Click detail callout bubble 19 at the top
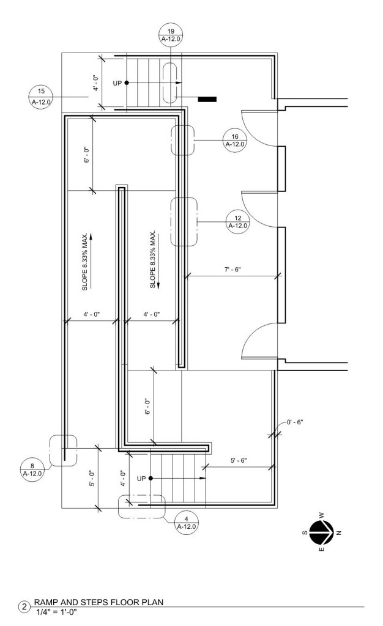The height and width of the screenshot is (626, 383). (171, 35)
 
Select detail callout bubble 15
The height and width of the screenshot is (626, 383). (41, 97)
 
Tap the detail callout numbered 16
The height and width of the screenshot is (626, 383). (234, 141)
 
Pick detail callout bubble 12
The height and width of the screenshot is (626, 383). (237, 222)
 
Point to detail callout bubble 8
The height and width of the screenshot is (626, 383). (32, 470)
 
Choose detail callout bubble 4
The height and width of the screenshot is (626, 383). (187, 523)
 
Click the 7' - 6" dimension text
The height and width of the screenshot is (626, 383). (232, 270)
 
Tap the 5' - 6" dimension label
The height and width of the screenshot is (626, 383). (239, 460)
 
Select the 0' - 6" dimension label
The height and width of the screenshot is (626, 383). (295, 422)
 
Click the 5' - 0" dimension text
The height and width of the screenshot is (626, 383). (92, 478)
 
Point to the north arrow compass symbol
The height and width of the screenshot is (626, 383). (321, 532)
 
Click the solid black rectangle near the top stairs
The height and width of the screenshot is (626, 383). (207, 99)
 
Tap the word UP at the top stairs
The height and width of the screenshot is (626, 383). (117, 83)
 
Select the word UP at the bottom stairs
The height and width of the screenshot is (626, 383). (141, 478)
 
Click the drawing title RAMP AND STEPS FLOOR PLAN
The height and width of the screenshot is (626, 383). (99, 602)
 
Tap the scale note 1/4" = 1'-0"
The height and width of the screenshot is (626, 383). (56, 611)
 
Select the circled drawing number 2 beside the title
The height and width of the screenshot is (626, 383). (24, 607)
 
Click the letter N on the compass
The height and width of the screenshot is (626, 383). (339, 532)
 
